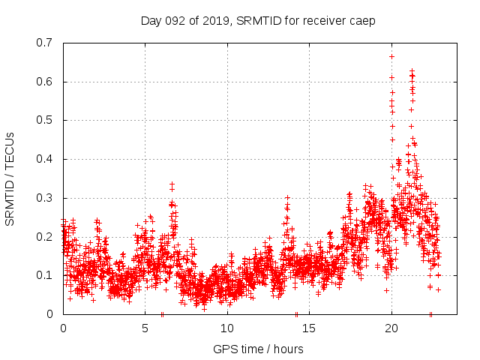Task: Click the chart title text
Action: point(258,20)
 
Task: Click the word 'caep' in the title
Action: point(362,20)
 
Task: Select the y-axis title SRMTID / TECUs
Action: point(10,178)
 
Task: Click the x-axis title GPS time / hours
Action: point(258,349)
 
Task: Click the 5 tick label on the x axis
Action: point(145,328)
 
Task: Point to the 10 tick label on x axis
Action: point(226,328)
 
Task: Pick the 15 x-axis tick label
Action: point(309,328)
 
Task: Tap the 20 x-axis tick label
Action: point(391,328)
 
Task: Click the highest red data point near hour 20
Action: point(391,56)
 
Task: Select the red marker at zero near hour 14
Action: point(296,313)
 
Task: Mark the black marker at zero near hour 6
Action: point(162,313)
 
